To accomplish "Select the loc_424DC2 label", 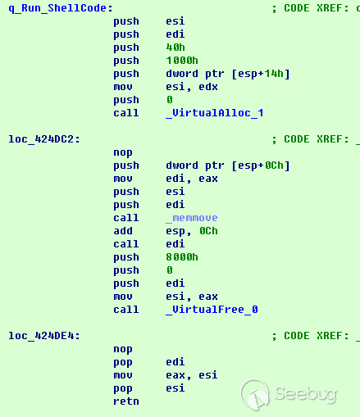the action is [x=44, y=139].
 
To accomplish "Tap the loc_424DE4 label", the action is [x=44, y=336].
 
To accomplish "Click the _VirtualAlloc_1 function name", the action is [x=215, y=113].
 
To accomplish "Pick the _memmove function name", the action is [x=192, y=218].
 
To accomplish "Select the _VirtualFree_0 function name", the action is [x=212, y=310].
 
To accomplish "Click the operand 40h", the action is [x=175, y=48].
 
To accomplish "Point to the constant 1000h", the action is [x=182, y=61].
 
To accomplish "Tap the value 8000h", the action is [x=182, y=257].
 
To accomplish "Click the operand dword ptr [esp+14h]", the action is [x=228, y=74].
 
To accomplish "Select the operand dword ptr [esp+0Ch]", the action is [x=228, y=165].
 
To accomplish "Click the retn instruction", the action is [x=126, y=401].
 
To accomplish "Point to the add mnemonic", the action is [x=123, y=231].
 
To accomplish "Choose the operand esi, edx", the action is [x=192, y=87].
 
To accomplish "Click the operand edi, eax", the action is [x=192, y=179].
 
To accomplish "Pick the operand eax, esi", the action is [x=192, y=375].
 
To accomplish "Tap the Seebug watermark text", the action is [x=306, y=394].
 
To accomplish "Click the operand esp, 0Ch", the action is [x=192, y=231].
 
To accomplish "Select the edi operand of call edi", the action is [x=175, y=244].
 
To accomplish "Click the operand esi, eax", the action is [x=192, y=297].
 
